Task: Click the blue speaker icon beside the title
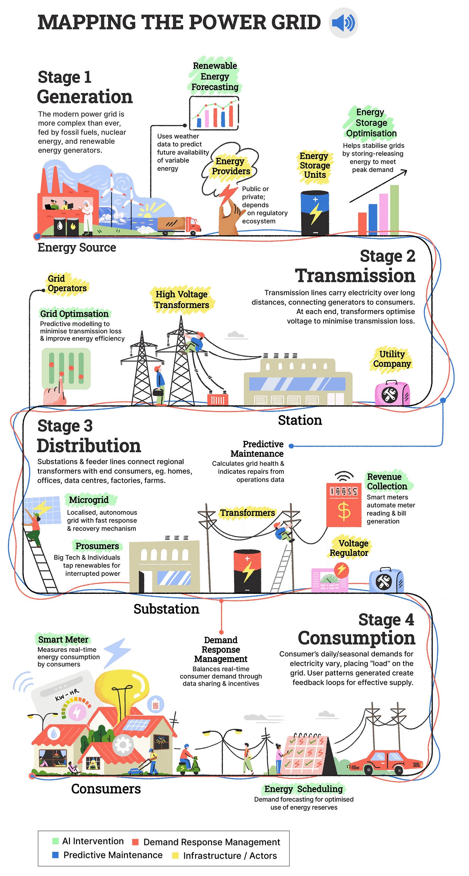[x=343, y=23]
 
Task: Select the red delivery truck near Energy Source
[x=179, y=225]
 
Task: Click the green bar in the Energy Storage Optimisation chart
[x=394, y=209]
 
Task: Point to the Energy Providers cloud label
[x=231, y=166]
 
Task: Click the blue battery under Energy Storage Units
[x=315, y=213]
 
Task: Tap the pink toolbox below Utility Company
[x=392, y=394]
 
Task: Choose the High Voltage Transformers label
[x=182, y=300]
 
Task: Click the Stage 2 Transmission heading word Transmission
[x=355, y=275]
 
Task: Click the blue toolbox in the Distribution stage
[x=386, y=580]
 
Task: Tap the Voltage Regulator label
[x=349, y=548]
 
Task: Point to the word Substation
[x=166, y=609]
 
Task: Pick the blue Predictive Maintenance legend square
[x=55, y=855]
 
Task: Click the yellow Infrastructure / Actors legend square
[x=175, y=856]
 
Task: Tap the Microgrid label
[x=89, y=500]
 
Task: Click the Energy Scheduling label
[x=303, y=789]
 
